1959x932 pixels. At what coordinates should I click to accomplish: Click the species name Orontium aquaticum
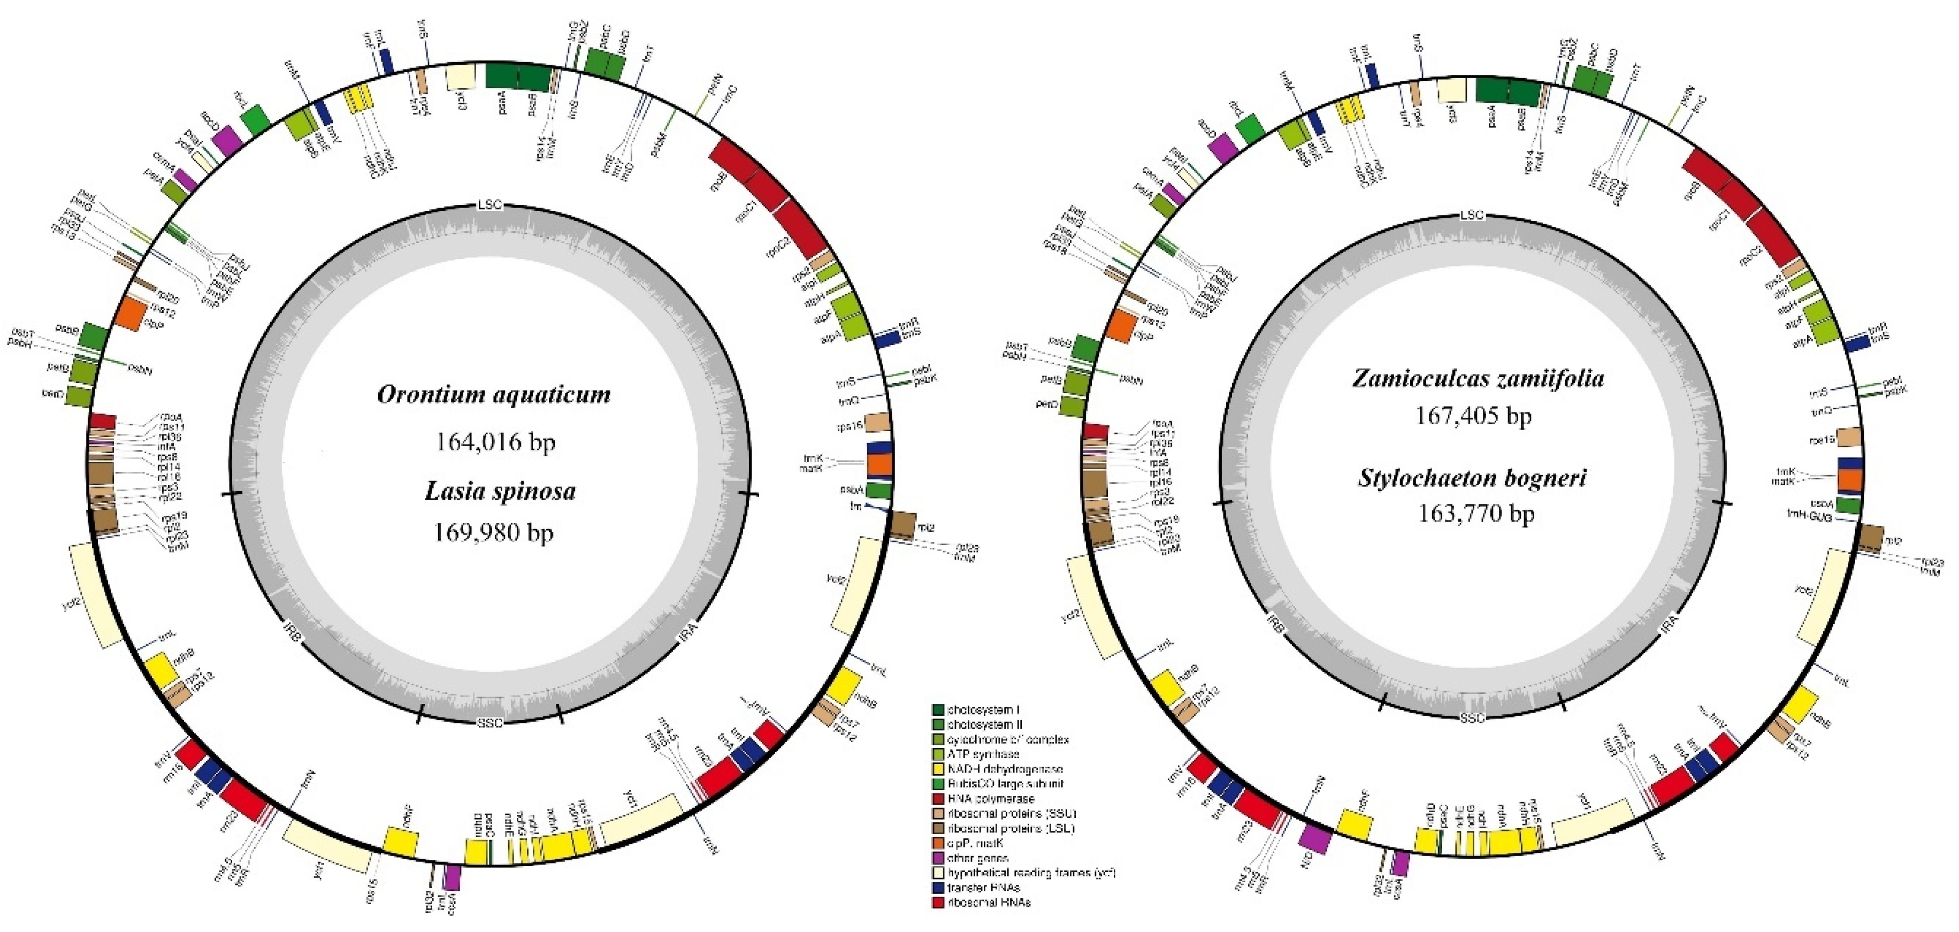tap(494, 395)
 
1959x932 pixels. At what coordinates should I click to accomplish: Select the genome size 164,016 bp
tap(495, 441)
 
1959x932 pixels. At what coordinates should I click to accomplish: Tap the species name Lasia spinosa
tap(500, 491)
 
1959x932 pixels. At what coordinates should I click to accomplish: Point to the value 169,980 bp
tap(494, 532)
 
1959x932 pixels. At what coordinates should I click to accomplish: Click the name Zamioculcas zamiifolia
tap(1478, 378)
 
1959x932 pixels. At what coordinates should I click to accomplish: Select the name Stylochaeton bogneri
tap(1474, 478)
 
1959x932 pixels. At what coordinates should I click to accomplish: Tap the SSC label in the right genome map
tap(1472, 718)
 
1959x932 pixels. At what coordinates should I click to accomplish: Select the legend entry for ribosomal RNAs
tap(988, 903)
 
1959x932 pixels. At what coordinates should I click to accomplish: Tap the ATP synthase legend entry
tap(983, 754)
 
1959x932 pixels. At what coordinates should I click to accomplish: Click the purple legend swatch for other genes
tap(938, 858)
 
